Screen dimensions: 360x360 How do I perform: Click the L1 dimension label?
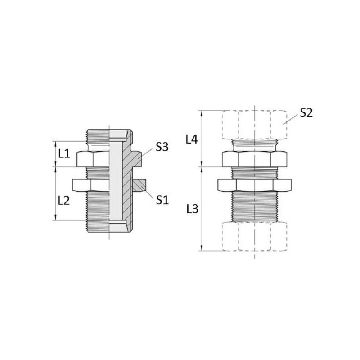click(x=64, y=154)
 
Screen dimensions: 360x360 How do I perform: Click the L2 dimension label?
click(x=64, y=201)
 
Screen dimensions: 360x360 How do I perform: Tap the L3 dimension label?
click(x=193, y=209)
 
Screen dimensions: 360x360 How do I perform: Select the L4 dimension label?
click(x=192, y=139)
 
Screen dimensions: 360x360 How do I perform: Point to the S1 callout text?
click(x=162, y=200)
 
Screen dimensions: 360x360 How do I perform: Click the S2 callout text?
click(x=306, y=113)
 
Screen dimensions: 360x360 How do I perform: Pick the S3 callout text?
click(x=162, y=147)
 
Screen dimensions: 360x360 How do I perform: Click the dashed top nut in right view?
click(x=254, y=125)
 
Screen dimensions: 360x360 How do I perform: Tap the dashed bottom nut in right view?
click(x=254, y=236)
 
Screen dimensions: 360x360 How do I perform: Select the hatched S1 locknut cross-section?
click(x=139, y=185)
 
